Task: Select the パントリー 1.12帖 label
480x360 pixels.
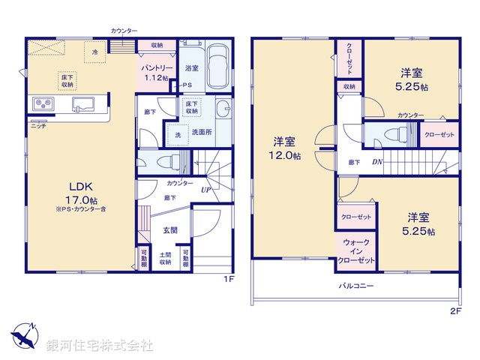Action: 159,72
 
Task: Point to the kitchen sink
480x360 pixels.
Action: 82,104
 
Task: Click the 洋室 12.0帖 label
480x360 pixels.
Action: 286,148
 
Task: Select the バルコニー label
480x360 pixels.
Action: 356,286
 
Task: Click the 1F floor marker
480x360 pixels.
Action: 229,279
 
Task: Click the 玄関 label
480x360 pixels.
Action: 169,230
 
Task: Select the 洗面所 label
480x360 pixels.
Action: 201,133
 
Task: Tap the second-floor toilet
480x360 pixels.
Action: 390,135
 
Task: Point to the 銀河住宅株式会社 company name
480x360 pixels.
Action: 100,345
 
